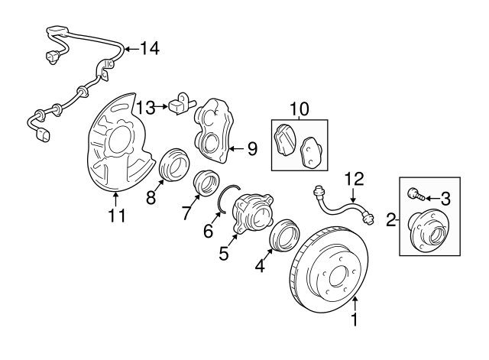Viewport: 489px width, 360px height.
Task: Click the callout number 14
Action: tap(151, 50)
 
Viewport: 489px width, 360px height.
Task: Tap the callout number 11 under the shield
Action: tap(115, 216)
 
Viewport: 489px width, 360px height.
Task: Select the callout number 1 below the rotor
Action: tap(354, 321)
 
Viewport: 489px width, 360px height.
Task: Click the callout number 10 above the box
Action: tap(299, 109)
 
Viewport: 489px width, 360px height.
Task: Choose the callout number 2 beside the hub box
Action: tap(391, 221)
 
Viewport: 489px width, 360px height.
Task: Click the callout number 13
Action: tap(145, 105)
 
